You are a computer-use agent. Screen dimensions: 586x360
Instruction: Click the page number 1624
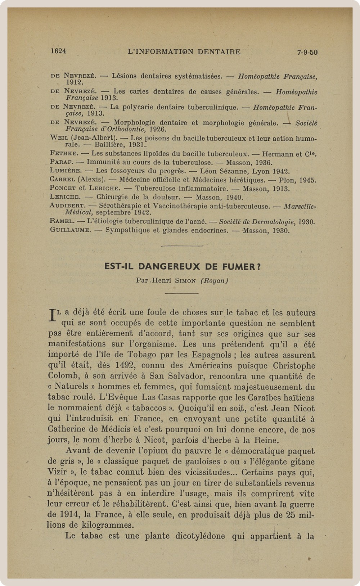(x=58, y=51)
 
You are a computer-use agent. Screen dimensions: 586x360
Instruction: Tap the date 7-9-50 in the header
(x=307, y=52)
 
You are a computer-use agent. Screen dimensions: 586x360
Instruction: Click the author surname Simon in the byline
(x=185, y=281)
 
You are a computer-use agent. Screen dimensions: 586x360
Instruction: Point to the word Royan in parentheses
(x=214, y=281)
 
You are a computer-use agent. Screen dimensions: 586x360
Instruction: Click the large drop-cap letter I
(x=53, y=315)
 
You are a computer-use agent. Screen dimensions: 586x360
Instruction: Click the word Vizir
(x=58, y=472)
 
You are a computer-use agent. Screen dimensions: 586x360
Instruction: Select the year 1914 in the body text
(x=69, y=515)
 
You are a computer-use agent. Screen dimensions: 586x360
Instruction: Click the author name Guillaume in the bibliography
(x=70, y=230)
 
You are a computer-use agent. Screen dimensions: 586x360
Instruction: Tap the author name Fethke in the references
(x=64, y=154)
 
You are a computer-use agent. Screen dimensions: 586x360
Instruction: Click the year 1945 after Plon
(x=307, y=180)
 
